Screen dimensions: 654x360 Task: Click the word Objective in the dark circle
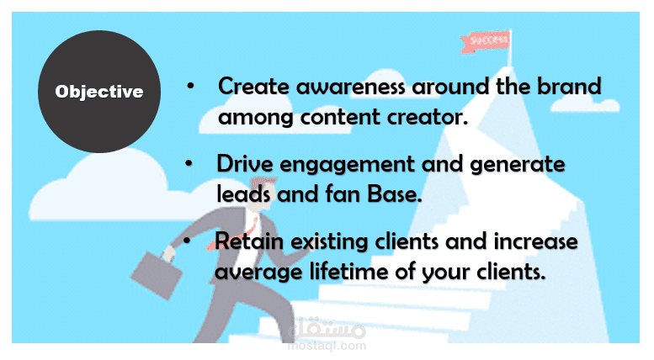point(99,92)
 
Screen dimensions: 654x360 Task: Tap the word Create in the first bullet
point(253,87)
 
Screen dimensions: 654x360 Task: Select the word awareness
point(351,87)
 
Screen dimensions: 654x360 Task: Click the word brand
point(569,86)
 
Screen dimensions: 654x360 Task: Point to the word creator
point(427,118)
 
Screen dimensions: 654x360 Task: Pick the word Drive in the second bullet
point(245,164)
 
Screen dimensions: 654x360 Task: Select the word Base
point(395,194)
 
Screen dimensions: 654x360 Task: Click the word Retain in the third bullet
point(249,241)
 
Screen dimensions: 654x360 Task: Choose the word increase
point(535,241)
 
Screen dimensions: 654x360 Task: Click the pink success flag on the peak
point(485,41)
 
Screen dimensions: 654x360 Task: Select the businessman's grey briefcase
point(157,275)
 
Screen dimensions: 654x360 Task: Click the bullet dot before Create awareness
point(190,87)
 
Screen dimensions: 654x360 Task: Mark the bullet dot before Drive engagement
point(189,163)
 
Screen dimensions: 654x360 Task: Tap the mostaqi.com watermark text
point(327,346)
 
